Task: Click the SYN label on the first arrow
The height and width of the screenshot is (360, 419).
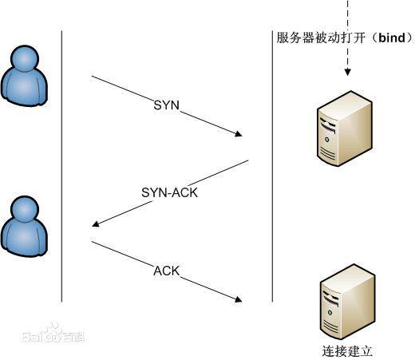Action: (x=167, y=105)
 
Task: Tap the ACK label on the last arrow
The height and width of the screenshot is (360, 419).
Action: (x=167, y=271)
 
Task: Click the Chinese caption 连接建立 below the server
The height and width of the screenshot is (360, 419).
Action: (x=344, y=350)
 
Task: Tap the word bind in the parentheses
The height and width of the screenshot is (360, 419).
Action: (x=392, y=38)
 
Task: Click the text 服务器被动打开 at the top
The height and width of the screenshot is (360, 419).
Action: (x=315, y=38)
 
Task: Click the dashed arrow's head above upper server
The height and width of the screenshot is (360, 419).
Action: (x=347, y=74)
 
